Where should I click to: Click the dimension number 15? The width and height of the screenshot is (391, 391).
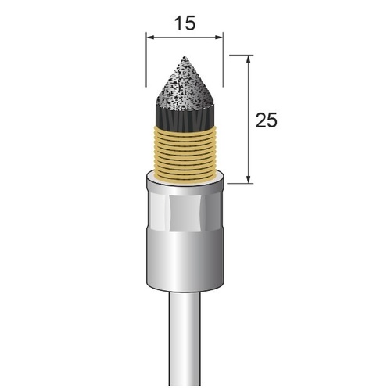[x=185, y=23]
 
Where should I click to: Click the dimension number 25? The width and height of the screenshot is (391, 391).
[x=266, y=120]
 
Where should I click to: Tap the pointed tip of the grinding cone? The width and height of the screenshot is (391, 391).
[x=185, y=56]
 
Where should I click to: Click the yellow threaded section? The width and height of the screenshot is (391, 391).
[x=185, y=153]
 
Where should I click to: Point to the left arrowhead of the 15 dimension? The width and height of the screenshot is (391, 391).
[x=150, y=38]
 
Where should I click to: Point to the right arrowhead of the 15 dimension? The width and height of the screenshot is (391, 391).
[x=218, y=38]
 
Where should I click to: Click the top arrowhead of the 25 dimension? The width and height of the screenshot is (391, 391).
[x=249, y=59]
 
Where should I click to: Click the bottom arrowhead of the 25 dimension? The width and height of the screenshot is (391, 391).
[x=249, y=179]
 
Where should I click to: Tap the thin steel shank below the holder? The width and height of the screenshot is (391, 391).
[x=185, y=339]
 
